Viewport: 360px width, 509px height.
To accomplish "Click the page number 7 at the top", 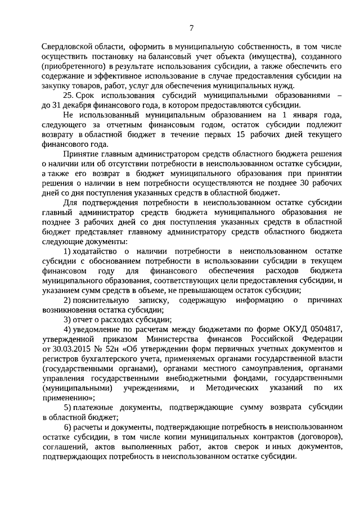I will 192,29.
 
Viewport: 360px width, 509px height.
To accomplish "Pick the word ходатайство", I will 96,250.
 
